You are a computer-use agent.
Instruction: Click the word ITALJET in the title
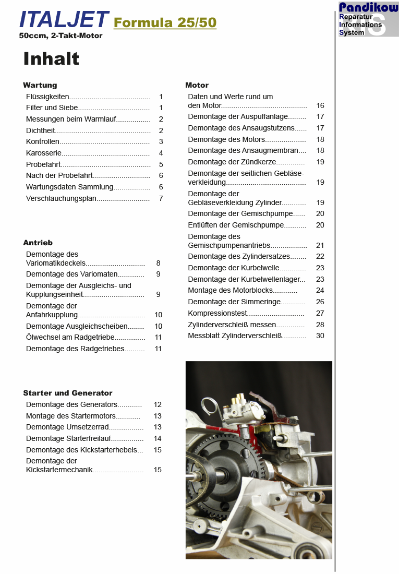click(64, 20)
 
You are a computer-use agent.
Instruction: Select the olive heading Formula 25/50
click(165, 23)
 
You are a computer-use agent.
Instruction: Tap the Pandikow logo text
click(368, 7)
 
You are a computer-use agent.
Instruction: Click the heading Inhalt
click(51, 59)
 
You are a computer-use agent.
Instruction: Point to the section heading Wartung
click(40, 85)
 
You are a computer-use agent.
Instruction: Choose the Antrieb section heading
click(38, 243)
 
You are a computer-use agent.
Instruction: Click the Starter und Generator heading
click(67, 393)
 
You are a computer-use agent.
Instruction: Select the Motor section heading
click(197, 85)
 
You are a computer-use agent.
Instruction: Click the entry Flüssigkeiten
click(47, 97)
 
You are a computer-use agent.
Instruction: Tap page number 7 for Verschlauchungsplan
click(161, 198)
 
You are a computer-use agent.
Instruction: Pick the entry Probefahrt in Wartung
click(43, 164)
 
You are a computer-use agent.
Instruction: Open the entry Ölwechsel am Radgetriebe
click(70, 338)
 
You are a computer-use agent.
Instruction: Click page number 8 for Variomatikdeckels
click(158, 264)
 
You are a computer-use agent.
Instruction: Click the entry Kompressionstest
click(217, 313)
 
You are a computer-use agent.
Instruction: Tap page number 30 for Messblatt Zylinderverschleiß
click(320, 336)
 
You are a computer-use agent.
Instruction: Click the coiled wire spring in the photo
click(210, 404)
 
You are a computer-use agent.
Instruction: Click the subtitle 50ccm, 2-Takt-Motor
click(61, 36)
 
